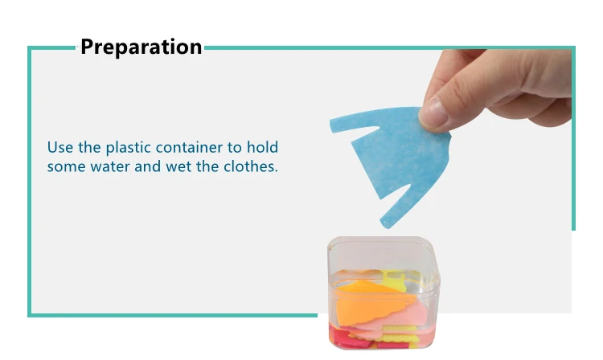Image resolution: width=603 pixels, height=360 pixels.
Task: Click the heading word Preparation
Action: coord(142,47)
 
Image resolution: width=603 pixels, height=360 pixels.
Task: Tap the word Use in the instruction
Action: coord(60,147)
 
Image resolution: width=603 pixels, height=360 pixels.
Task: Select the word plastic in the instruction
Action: coord(128,148)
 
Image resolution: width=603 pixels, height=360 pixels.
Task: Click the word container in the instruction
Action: coord(189,147)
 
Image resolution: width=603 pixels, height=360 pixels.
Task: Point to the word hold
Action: coord(262,147)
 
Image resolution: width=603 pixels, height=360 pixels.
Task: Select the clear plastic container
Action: coord(384,292)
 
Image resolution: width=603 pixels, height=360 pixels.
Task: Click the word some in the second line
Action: coord(66,167)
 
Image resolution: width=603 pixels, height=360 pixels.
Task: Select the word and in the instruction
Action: coord(148,166)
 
